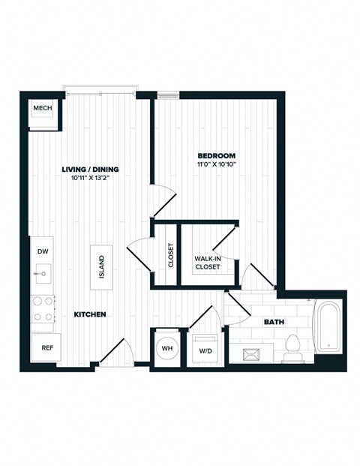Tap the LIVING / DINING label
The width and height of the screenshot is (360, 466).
90,170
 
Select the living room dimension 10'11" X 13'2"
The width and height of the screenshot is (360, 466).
90,179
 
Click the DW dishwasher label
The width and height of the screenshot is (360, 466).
42,252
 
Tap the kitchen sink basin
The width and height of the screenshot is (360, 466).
42,274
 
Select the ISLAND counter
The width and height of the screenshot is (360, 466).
101,267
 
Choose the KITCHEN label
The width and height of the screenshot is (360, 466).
89,314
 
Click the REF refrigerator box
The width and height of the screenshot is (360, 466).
46,347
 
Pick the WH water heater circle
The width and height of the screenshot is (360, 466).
166,349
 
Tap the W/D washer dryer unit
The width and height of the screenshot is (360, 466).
205,350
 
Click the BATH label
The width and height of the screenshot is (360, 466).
274,323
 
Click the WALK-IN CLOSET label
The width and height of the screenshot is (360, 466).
207,262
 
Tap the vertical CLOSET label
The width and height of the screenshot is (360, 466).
171,255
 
